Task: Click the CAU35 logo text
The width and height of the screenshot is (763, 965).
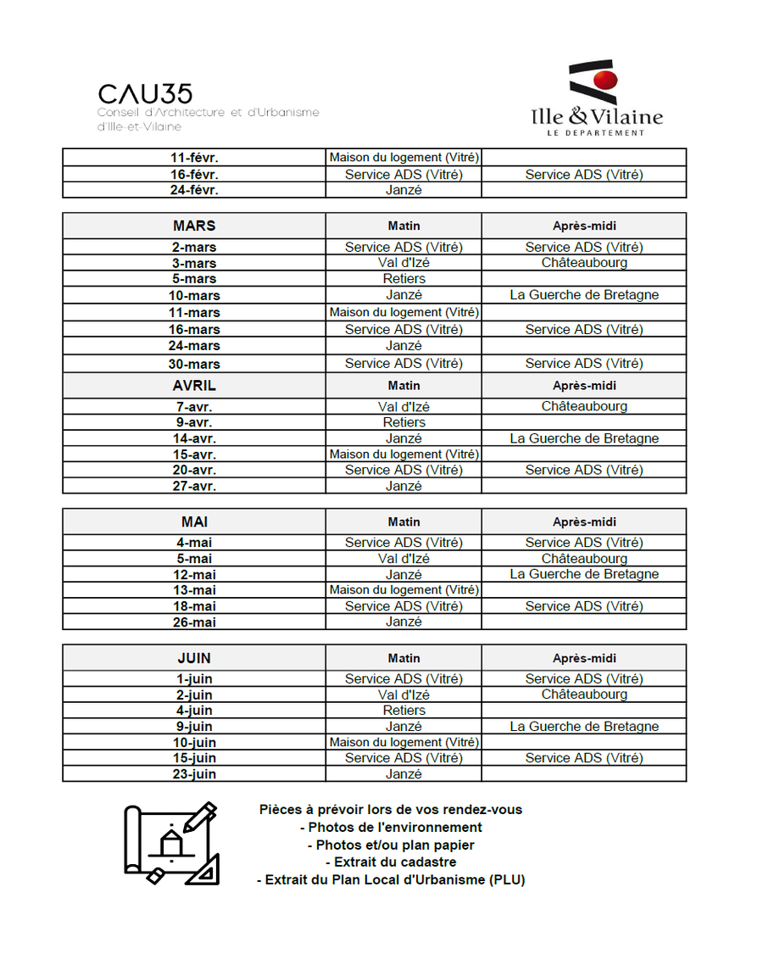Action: coord(145,94)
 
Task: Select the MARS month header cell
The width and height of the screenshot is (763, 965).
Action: coord(194,226)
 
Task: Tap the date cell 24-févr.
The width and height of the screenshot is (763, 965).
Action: coord(194,190)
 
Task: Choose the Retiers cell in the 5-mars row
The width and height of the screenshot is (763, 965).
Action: coord(404,278)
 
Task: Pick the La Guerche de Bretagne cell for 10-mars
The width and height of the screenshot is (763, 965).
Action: coord(584,295)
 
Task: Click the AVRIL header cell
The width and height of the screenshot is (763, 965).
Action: coord(194,385)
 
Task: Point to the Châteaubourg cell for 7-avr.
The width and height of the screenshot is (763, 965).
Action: coord(584,406)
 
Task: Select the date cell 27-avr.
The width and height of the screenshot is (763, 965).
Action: coord(194,486)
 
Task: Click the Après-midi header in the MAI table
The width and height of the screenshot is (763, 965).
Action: coord(584,522)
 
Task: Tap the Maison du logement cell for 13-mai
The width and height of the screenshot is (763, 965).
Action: coord(404,589)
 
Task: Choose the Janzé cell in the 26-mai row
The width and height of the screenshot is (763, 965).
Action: coord(404,622)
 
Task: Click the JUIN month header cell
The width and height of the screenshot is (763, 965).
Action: coord(194,658)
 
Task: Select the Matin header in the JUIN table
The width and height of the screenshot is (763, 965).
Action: coord(404,658)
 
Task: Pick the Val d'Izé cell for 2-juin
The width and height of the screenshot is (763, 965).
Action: coord(404,694)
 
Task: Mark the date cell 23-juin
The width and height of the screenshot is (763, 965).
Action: coord(194,774)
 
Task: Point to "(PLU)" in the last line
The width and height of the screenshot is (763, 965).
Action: coord(507,880)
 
